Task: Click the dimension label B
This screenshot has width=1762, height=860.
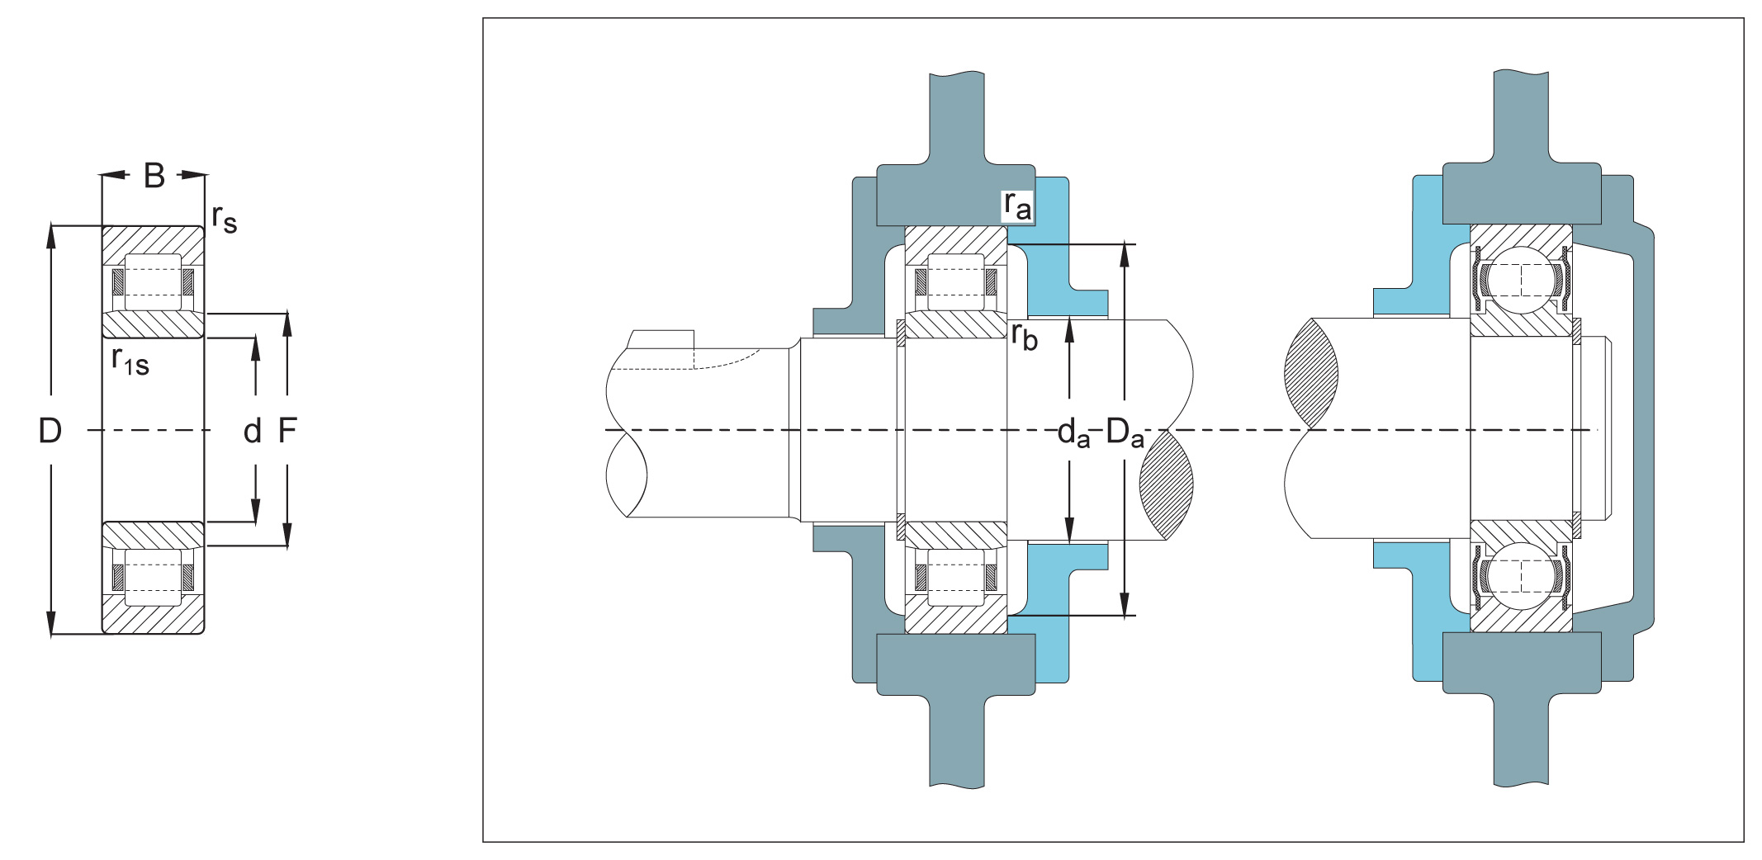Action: point(154,176)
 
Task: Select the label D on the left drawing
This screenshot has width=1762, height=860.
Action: point(50,431)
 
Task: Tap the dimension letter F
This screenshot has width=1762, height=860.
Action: point(287,431)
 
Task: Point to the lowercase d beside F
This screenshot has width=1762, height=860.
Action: point(253,431)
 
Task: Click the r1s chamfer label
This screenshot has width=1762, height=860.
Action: point(130,361)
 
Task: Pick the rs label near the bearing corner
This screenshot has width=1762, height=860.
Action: point(225,218)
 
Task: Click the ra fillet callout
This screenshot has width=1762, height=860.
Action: point(1017,205)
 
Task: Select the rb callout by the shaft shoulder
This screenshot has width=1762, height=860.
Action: point(1025,336)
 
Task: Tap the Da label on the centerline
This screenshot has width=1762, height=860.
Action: point(1125,432)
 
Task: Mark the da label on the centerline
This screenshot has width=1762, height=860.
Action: point(1073,432)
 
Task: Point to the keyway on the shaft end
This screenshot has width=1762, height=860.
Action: point(661,339)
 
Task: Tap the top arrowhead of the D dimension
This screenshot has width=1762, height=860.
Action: point(51,236)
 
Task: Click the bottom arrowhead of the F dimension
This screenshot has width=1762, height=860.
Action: point(287,536)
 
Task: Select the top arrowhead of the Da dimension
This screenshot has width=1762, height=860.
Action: point(1124,256)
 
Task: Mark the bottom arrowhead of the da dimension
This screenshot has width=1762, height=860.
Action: point(1069,531)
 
